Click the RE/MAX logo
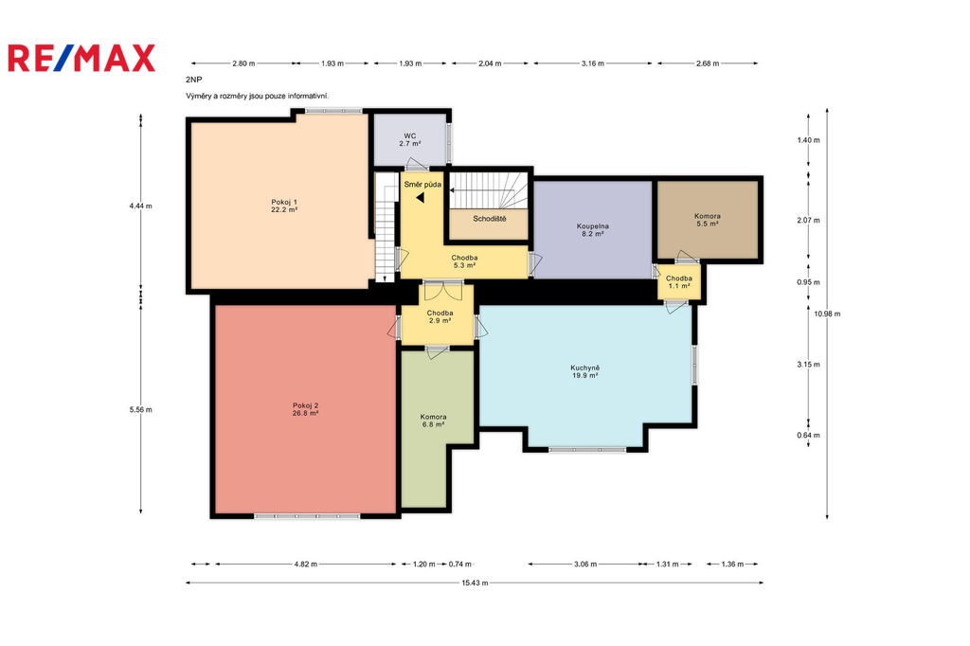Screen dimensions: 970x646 point(81,58)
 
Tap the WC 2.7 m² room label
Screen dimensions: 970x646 point(410,140)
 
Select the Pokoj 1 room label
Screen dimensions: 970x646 point(284,206)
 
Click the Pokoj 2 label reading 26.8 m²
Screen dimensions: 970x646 point(306,409)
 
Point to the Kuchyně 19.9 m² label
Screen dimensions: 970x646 point(585,371)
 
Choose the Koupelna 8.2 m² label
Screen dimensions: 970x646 point(593,230)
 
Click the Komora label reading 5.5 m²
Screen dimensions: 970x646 point(707,221)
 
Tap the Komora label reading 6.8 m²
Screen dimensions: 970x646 point(433,421)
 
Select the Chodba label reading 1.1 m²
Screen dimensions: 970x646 point(678,282)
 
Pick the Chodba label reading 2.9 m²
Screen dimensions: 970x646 point(440,316)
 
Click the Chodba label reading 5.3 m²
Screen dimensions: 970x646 point(464,261)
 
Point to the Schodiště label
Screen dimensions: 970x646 point(490,219)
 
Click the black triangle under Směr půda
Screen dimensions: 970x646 point(420,198)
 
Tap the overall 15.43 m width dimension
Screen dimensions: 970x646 point(475,583)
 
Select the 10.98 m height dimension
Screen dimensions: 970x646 point(827,314)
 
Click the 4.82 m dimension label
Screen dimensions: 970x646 point(306,565)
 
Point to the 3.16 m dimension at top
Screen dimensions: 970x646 point(593,63)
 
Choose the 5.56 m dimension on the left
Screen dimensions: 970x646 point(141,409)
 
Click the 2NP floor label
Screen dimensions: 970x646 point(193,80)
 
